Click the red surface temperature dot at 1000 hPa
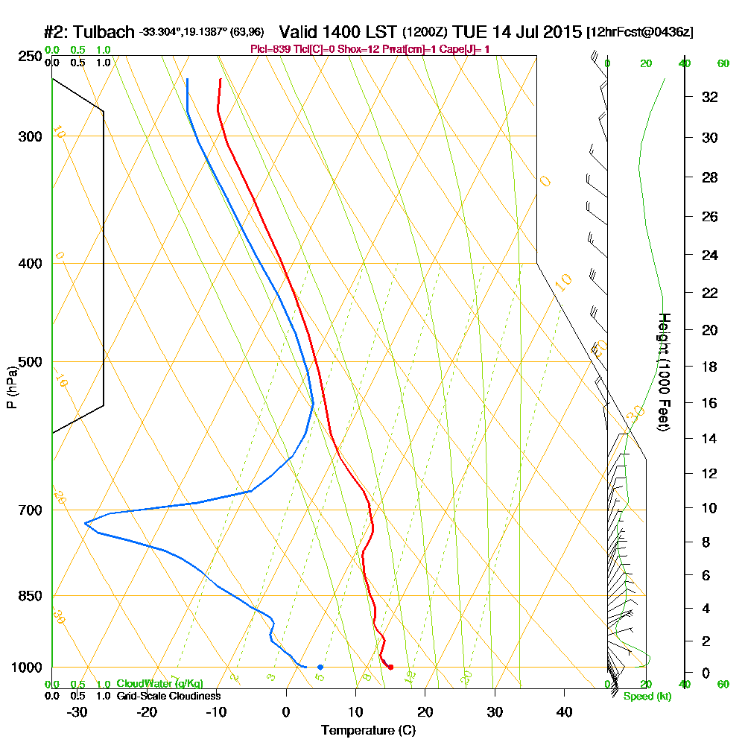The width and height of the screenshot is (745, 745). (x=390, y=667)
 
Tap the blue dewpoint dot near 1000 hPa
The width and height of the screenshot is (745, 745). (x=320, y=667)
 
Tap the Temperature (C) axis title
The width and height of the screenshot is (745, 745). (x=369, y=730)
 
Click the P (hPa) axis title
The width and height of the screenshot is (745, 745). (x=11, y=387)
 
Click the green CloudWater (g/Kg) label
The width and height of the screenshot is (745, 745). (x=159, y=684)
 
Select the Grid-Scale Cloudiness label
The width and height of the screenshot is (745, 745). (x=168, y=696)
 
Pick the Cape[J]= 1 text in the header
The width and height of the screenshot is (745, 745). (x=466, y=49)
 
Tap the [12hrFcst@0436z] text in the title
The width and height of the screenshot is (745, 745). (x=641, y=32)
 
